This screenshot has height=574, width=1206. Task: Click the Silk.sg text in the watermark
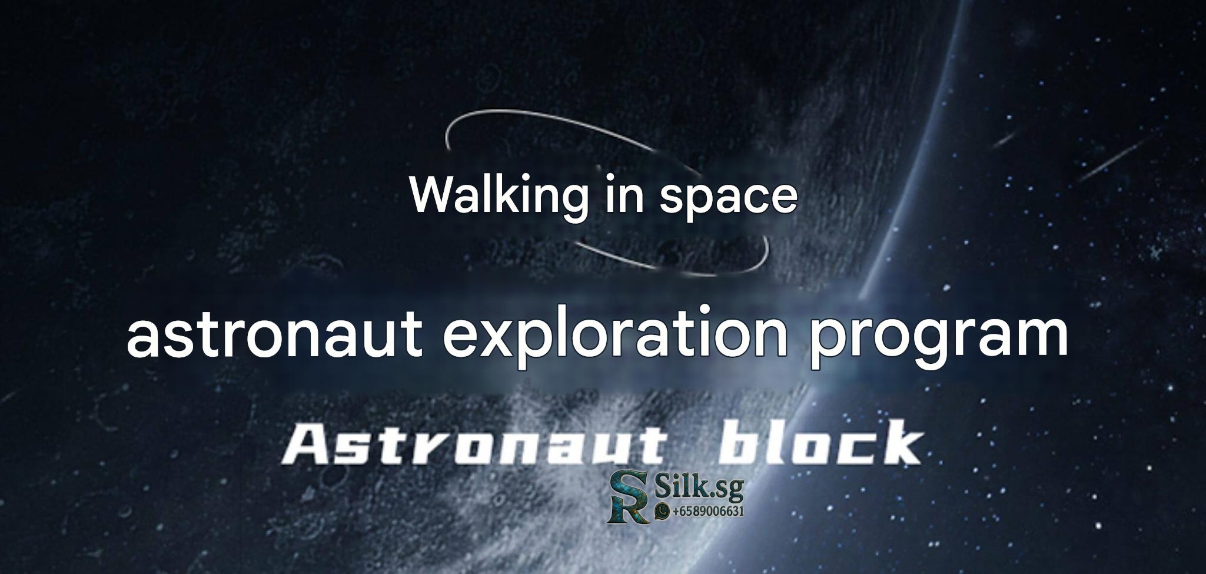pos(700,488)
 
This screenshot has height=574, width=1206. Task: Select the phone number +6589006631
pos(707,511)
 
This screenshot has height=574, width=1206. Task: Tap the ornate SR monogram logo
pos(629,496)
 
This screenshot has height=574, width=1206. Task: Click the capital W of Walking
pos(433,194)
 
